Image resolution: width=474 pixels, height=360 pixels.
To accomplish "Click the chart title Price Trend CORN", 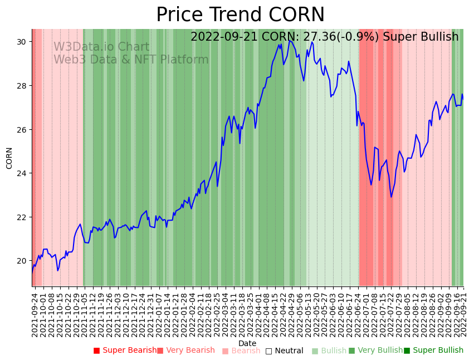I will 240,15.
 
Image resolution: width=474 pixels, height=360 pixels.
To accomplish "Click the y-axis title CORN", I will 9,158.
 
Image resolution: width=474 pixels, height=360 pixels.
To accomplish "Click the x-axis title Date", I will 247,343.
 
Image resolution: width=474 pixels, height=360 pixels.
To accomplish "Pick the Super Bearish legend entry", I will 125,351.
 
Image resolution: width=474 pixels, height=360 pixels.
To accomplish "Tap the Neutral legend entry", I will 284,351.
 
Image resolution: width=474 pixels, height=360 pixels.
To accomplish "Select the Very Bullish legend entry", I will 375,351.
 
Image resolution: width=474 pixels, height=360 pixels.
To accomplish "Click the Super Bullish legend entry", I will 433,351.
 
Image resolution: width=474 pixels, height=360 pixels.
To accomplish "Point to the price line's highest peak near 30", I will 290,40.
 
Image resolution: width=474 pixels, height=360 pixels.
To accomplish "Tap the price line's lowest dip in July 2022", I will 391,197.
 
